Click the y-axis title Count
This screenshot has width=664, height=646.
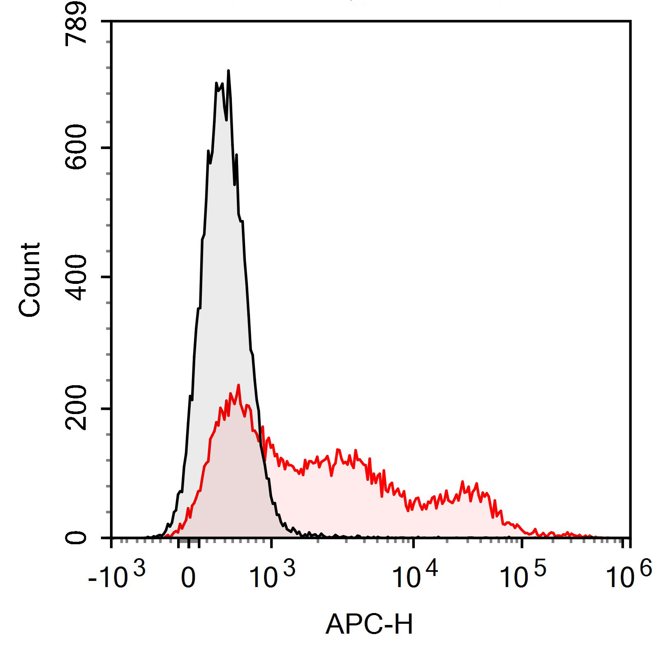click(30, 280)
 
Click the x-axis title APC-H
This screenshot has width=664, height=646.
click(369, 624)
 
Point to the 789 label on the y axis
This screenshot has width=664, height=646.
click(77, 23)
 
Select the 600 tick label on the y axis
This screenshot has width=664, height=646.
click(77, 147)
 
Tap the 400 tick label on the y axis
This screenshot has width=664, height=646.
click(77, 276)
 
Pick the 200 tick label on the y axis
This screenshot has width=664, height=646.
click(77, 408)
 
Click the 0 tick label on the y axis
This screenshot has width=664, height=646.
click(77, 538)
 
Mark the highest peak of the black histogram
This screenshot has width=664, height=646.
click(228, 71)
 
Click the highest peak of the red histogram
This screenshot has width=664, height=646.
click(238, 385)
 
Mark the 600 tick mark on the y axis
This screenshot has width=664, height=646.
click(106, 147)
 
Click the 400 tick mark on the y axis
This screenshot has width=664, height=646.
click(106, 276)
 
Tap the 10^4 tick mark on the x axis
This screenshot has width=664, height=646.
click(414, 543)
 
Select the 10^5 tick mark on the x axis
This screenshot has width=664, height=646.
click(522, 543)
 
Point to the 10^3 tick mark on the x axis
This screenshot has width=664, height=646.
click(271, 543)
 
